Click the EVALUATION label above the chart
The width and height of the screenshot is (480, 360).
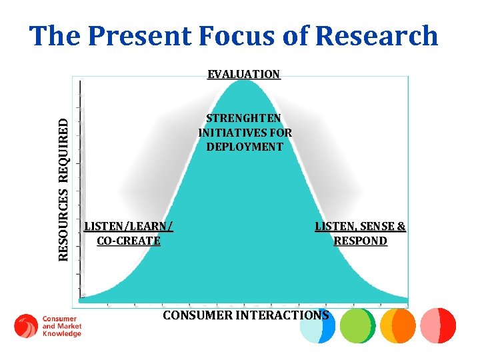(243, 74)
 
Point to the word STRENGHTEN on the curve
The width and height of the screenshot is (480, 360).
(244, 119)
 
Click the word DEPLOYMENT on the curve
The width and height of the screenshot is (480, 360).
(245, 147)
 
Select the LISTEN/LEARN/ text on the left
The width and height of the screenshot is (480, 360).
(129, 227)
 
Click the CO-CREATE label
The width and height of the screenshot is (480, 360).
(129, 241)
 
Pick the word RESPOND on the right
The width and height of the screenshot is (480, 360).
(360, 241)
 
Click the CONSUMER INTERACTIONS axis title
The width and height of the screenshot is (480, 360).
(245, 315)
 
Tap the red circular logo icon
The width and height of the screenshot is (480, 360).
(26, 326)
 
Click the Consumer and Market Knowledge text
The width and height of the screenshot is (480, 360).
(61, 326)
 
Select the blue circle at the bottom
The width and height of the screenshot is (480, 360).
(317, 326)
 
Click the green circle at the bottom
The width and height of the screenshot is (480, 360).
(357, 325)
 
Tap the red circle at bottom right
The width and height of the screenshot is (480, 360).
(439, 325)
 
